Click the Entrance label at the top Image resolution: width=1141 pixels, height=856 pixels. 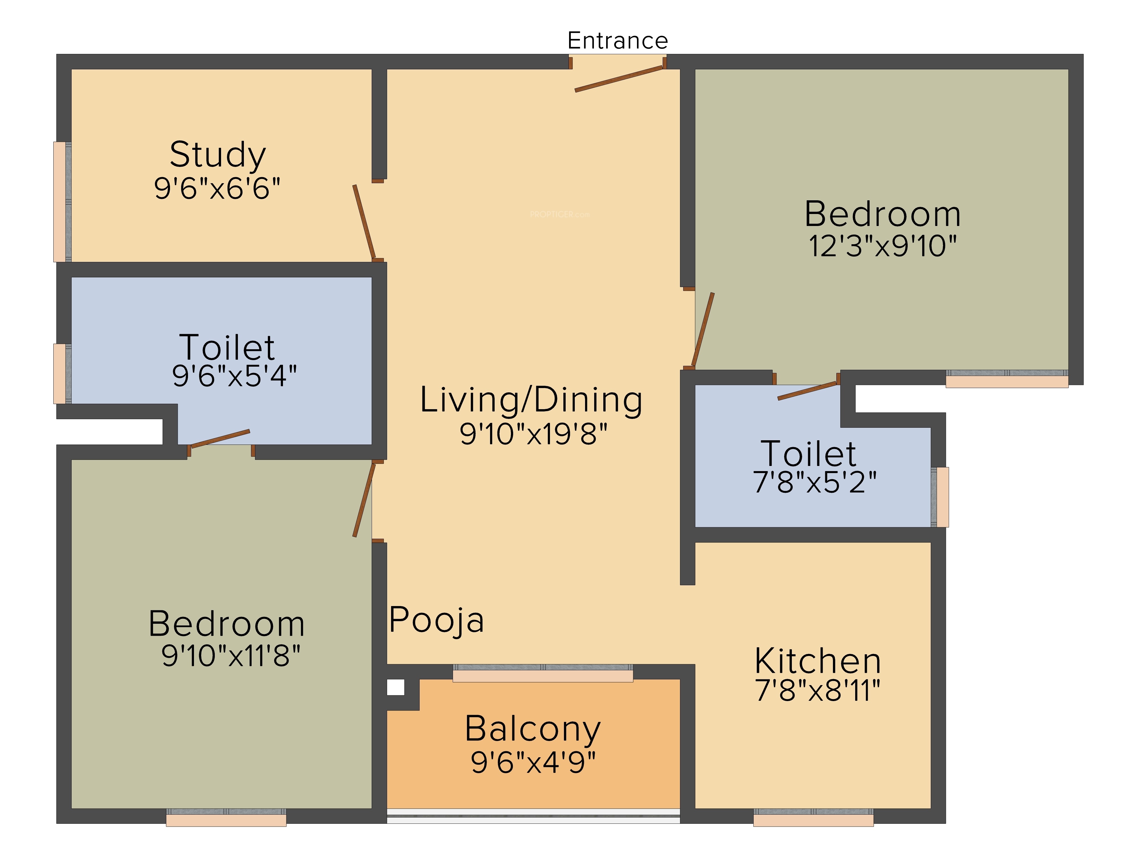pos(618,40)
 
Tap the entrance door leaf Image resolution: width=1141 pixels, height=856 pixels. pos(619,79)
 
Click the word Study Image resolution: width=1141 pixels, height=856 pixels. pos(218,154)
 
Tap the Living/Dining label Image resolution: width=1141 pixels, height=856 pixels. pos(531,400)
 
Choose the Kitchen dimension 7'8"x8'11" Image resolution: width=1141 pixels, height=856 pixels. pos(818,691)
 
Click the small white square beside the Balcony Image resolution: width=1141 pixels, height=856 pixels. pos(396,687)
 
